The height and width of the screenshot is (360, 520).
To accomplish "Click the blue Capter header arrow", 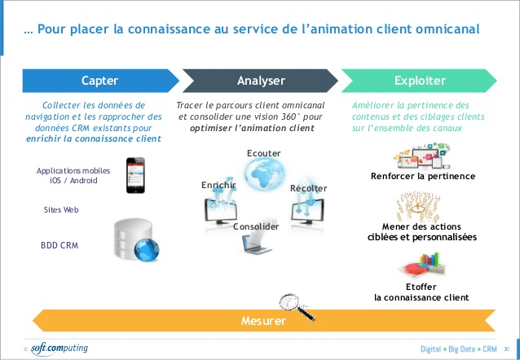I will click(99, 81).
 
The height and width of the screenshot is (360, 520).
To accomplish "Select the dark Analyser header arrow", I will click(261, 81).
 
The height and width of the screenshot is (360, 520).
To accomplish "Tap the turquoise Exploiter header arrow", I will click(420, 81).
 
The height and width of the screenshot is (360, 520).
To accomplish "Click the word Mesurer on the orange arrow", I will click(263, 321).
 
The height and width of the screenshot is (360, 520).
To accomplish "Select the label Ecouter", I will click(263, 153).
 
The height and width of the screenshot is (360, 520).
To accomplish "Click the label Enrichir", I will click(218, 186).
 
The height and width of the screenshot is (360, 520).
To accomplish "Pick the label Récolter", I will click(309, 188).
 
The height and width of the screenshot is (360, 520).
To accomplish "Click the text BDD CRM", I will click(59, 244).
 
